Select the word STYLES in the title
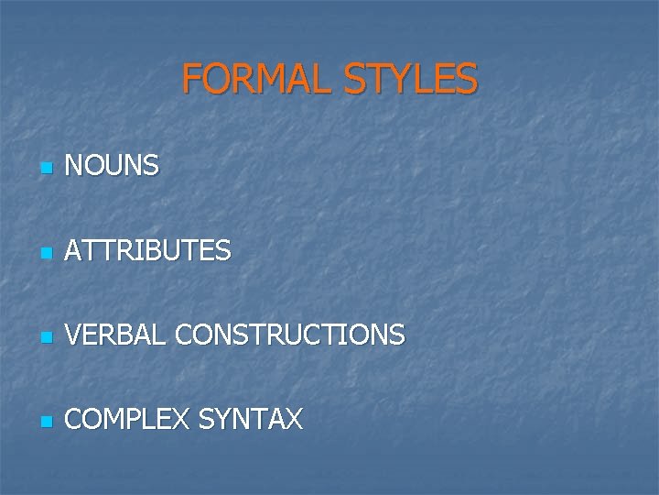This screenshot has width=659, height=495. pos(411,79)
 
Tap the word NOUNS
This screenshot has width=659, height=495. pos(113,166)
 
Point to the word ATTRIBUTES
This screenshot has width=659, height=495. pos(148,250)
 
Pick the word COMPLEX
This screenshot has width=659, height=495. pos(126,420)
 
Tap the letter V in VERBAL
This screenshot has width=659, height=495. pos(74,335)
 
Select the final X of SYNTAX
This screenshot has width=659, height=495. pos(293,420)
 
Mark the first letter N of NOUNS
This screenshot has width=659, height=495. pos(75,166)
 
